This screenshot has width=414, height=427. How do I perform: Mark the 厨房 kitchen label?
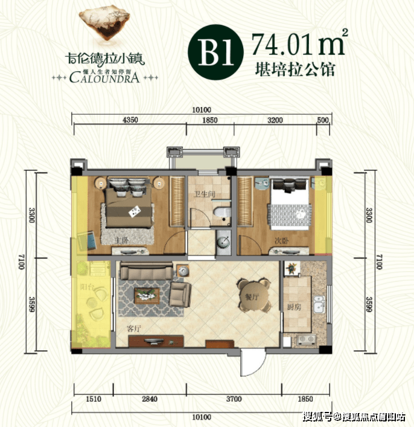coord(295,308)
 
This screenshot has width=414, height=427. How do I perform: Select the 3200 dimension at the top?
coord(275,120)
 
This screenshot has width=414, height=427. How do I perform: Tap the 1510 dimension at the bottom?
coord(92,400)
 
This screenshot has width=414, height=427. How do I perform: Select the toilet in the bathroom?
coord(221,213)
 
